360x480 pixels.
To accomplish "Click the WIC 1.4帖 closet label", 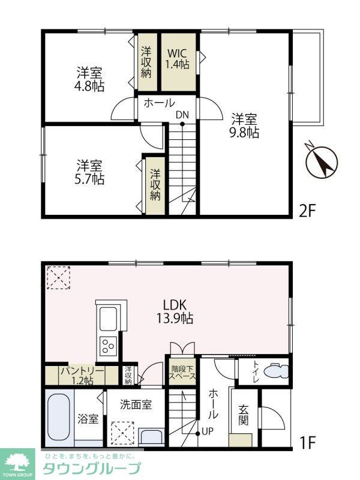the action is tap(178, 59).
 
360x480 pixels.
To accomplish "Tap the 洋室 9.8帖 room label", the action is tap(244, 125).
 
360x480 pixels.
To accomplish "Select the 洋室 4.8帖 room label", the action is tap(89, 80).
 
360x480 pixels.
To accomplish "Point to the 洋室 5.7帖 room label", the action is tap(89, 172).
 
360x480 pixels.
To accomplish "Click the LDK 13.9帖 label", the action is tap(175, 311).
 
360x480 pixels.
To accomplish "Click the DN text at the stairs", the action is tap(182, 115).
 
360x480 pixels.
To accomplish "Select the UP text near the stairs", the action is tap(207, 432).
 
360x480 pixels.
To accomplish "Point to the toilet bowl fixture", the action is tap(275, 371).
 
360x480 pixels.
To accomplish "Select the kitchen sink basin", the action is tap(109, 319).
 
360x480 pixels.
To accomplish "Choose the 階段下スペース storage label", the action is tap(182, 372).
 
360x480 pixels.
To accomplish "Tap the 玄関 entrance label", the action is tap(244, 415).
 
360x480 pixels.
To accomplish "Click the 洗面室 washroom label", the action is tap(136, 404).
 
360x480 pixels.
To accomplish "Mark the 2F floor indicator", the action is tap(307, 211).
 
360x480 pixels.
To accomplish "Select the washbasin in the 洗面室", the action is tap(152, 437).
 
